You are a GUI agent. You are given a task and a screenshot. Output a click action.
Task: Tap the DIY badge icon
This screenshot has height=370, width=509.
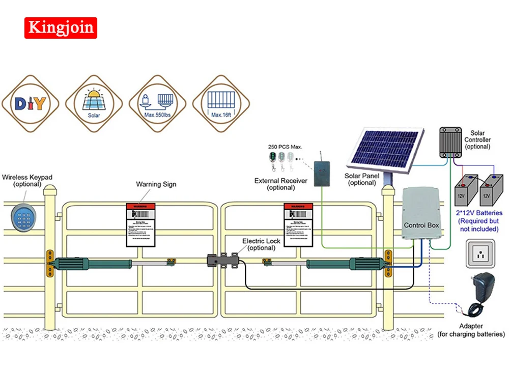31,104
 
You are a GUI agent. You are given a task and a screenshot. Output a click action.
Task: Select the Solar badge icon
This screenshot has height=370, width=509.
94,104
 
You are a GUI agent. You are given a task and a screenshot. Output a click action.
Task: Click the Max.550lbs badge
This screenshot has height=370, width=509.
157,104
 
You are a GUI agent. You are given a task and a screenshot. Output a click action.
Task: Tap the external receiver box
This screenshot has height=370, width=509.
321,173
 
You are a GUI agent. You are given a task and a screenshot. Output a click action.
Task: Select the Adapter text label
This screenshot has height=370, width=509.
471,326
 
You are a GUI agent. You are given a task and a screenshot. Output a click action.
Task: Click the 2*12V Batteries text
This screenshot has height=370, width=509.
480,213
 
